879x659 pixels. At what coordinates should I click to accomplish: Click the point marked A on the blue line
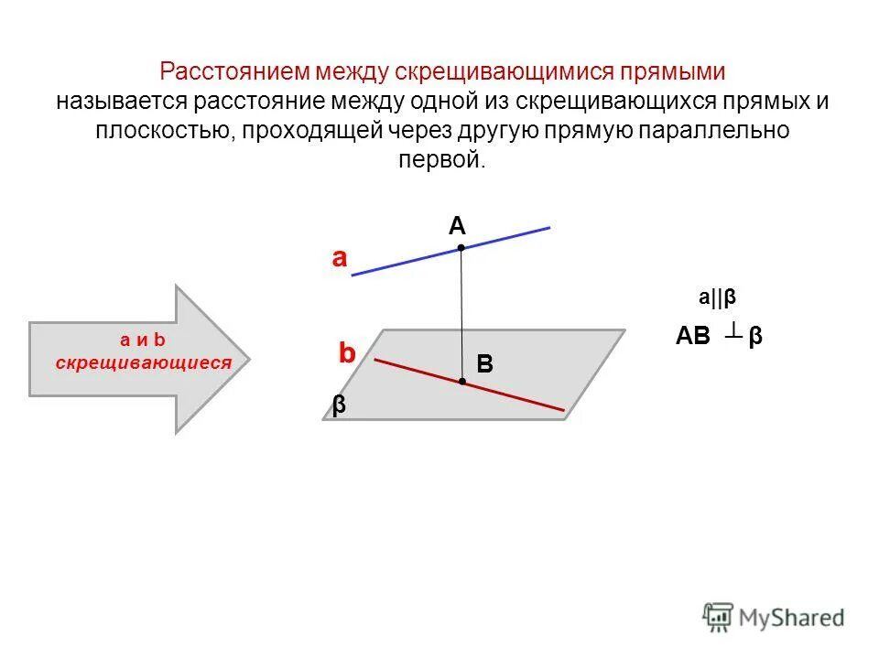tap(461, 247)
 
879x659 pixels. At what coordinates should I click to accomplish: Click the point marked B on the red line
tap(462, 381)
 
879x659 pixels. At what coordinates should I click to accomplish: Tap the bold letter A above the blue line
tap(457, 225)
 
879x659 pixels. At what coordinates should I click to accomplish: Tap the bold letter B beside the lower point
tap(484, 364)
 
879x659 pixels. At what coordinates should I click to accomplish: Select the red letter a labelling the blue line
tap(340, 259)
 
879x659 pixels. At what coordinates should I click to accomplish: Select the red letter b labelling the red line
tap(346, 353)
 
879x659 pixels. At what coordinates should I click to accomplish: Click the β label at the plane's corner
tap(339, 406)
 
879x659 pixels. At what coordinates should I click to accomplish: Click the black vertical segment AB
tap(461, 311)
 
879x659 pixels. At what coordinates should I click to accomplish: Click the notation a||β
tap(718, 297)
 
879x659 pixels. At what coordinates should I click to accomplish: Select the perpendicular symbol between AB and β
tap(732, 333)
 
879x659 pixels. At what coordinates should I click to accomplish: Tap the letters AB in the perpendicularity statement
tap(693, 337)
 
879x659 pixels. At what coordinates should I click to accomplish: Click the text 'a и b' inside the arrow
tap(142, 340)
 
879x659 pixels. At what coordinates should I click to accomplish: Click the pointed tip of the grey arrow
tap(247, 358)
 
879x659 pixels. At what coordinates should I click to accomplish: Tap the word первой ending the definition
tap(439, 160)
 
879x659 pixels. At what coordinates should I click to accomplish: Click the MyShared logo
tap(774, 617)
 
